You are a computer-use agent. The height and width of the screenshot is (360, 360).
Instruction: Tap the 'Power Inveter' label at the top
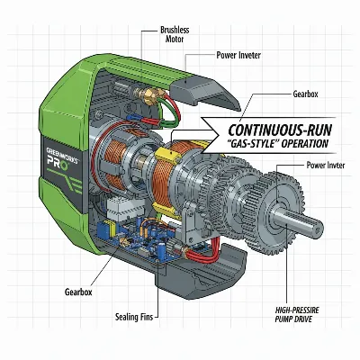(240, 54)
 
